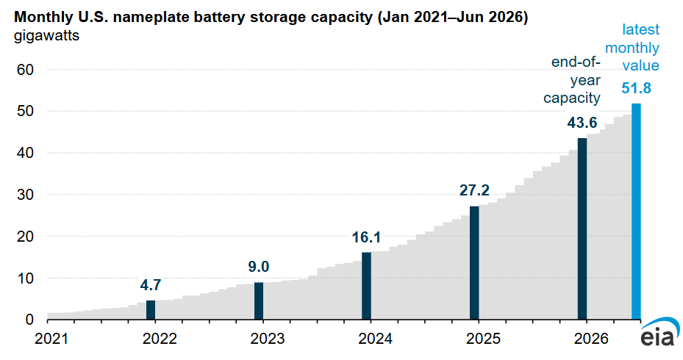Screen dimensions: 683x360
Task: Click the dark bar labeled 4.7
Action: pyautogui.click(x=151, y=310)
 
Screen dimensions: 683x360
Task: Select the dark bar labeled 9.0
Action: pyautogui.click(x=259, y=301)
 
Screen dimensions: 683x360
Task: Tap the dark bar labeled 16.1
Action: pyautogui.click(x=366, y=286)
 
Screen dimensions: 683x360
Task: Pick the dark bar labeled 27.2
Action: pyautogui.click(x=474, y=263)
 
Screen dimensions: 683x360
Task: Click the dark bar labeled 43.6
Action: pyautogui.click(x=582, y=229)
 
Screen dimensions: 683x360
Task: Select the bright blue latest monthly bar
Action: pyautogui.click(x=636, y=212)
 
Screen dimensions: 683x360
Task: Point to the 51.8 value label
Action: pyautogui.click(x=636, y=88)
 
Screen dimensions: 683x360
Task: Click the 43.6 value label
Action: pyautogui.click(x=582, y=123)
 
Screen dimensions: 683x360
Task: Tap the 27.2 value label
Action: pyautogui.click(x=474, y=190)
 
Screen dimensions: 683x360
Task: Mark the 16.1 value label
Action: pyautogui.click(x=366, y=237)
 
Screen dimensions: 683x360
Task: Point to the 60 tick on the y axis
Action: pyautogui.click(x=25, y=70)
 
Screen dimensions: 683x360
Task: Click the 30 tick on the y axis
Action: pyautogui.click(x=25, y=195)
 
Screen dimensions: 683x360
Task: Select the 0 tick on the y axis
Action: pyautogui.click(x=29, y=320)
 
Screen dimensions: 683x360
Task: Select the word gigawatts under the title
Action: pyautogui.click(x=46, y=36)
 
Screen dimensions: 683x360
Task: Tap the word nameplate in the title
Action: pyautogui.click(x=146, y=18)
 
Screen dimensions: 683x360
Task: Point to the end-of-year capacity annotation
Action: pyautogui.click(x=572, y=80)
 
